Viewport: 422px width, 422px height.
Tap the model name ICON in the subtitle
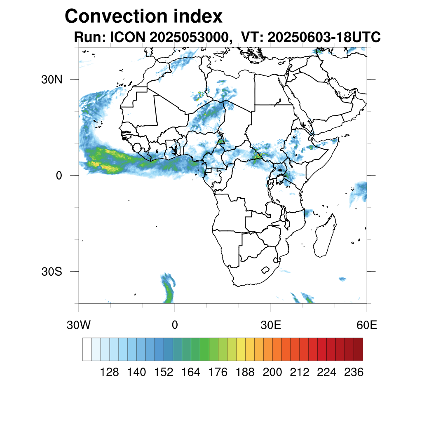pos(127,38)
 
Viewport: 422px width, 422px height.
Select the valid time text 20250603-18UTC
pos(324,38)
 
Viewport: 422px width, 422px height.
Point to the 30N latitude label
pos(52,79)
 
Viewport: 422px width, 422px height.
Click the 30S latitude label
pos(52,272)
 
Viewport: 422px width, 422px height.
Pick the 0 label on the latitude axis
pos(58,176)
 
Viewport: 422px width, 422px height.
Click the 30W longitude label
pos(79,326)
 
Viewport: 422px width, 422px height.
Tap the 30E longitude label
pos(271,326)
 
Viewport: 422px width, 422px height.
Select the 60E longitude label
pos(367,326)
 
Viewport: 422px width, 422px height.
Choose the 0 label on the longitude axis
pos(175,326)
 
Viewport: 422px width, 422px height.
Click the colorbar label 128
pos(109,373)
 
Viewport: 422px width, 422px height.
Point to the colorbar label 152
pos(164,373)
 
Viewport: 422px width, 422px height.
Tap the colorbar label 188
pos(245,373)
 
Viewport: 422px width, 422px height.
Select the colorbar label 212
pos(299,373)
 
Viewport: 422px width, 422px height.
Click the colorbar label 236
pos(354,373)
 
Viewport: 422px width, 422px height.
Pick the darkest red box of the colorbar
pos(358,349)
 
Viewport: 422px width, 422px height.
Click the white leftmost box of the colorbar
pos(87,349)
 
